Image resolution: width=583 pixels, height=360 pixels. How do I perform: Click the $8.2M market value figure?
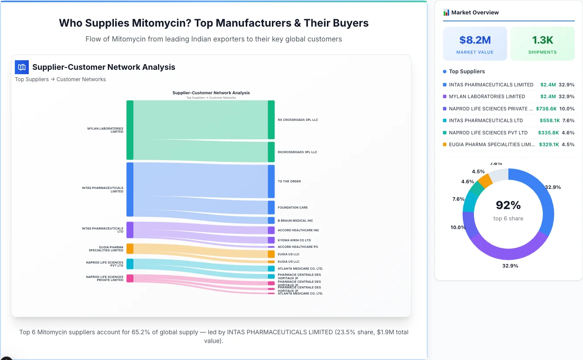pyautogui.click(x=475, y=40)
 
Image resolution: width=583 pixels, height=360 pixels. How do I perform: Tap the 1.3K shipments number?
pyautogui.click(x=542, y=40)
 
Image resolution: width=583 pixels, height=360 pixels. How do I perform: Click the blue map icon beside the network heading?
pyautogui.click(x=22, y=67)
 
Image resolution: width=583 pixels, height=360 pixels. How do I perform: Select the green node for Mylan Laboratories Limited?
pyautogui.click(x=130, y=130)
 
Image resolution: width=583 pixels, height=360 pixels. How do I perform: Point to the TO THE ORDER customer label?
pyautogui.click(x=289, y=182)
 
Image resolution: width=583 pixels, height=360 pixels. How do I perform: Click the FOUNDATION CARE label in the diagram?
pyautogui.click(x=292, y=208)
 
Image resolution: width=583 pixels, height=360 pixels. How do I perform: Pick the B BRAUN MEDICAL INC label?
pyautogui.click(x=295, y=221)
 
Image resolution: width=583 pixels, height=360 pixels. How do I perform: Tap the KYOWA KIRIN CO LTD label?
pyautogui.click(x=294, y=240)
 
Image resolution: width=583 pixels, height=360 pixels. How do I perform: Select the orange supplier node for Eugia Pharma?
pyautogui.click(x=130, y=249)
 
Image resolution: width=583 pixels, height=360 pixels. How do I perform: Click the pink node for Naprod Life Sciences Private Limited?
pyautogui.click(x=130, y=278)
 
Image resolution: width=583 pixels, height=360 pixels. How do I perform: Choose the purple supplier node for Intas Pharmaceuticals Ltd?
pyautogui.click(x=130, y=230)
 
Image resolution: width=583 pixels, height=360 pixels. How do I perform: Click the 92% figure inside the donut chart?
pyautogui.click(x=508, y=205)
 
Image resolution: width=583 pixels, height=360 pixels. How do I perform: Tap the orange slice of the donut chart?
pyautogui.click(x=485, y=180)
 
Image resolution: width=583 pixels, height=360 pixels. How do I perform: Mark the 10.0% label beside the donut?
pyautogui.click(x=458, y=227)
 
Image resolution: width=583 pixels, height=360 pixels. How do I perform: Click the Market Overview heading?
pyautogui.click(x=475, y=13)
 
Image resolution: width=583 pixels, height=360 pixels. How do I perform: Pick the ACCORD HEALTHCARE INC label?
pyautogui.click(x=298, y=230)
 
